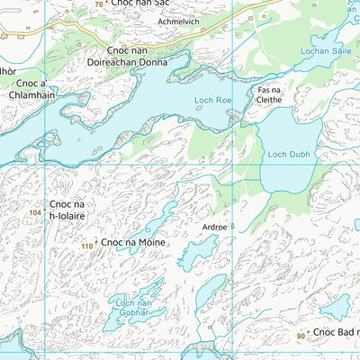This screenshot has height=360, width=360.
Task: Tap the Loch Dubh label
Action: (x=288, y=154)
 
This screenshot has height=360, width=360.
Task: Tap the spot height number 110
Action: (x=86, y=245)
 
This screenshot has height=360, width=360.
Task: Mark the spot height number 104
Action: (x=35, y=211)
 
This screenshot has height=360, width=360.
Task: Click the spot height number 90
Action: (x=301, y=336)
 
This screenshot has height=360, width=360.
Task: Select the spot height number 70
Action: (x=98, y=4)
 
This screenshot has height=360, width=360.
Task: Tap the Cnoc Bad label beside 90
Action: (x=336, y=333)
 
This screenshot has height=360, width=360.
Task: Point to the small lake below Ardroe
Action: (x=197, y=253)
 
